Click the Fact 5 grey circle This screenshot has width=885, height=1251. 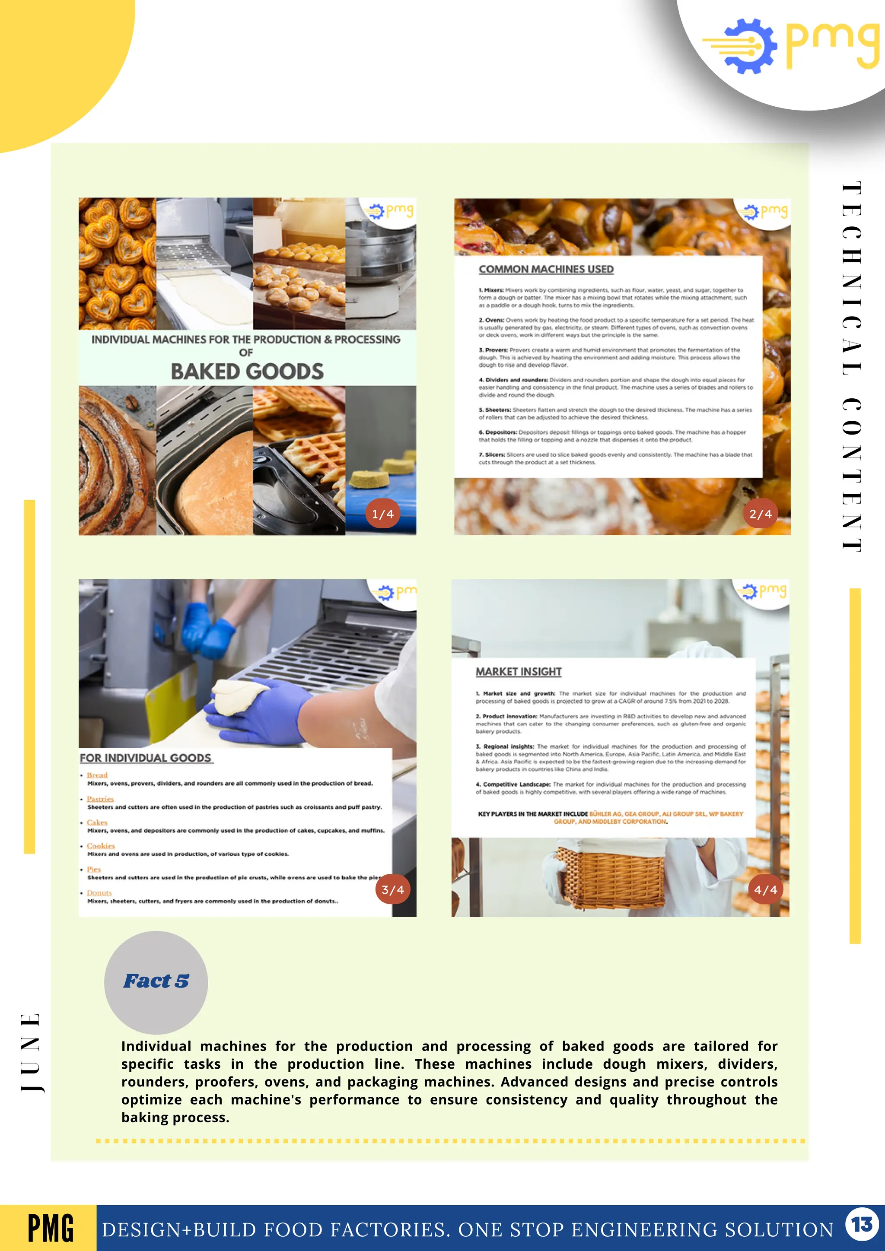tap(156, 982)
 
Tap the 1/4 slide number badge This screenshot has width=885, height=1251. tap(382, 513)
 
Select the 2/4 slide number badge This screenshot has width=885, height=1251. tap(760, 513)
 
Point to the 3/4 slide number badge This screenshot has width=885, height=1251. tap(392, 889)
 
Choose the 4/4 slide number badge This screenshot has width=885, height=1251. tap(765, 889)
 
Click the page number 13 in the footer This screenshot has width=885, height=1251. tap(862, 1224)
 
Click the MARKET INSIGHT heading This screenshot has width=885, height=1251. tap(518, 672)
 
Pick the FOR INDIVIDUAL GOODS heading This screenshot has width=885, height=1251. tap(146, 758)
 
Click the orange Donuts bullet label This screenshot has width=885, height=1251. tap(99, 893)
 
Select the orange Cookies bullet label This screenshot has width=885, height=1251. tap(101, 846)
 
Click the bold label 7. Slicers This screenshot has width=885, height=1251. tap(491, 454)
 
